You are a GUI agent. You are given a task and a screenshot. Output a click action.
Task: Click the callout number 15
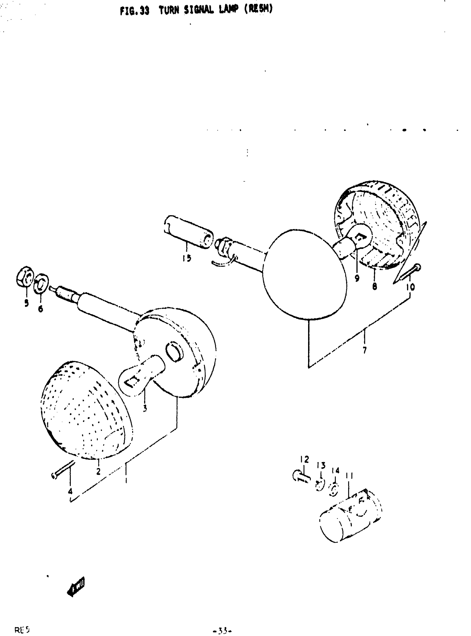[x=187, y=258]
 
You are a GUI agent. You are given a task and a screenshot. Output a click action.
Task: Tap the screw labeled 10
[x=411, y=272]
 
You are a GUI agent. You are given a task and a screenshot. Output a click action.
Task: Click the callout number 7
[x=365, y=350]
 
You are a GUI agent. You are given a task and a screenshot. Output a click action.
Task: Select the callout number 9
[x=357, y=278]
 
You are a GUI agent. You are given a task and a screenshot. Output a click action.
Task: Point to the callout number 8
[x=374, y=287]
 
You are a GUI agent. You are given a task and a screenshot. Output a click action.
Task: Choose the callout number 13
[x=321, y=466]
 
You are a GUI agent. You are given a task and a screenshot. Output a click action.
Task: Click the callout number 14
[x=336, y=471]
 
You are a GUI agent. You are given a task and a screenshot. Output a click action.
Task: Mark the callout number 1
[x=126, y=481]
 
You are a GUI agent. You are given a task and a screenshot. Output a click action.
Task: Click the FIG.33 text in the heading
[x=134, y=11]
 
